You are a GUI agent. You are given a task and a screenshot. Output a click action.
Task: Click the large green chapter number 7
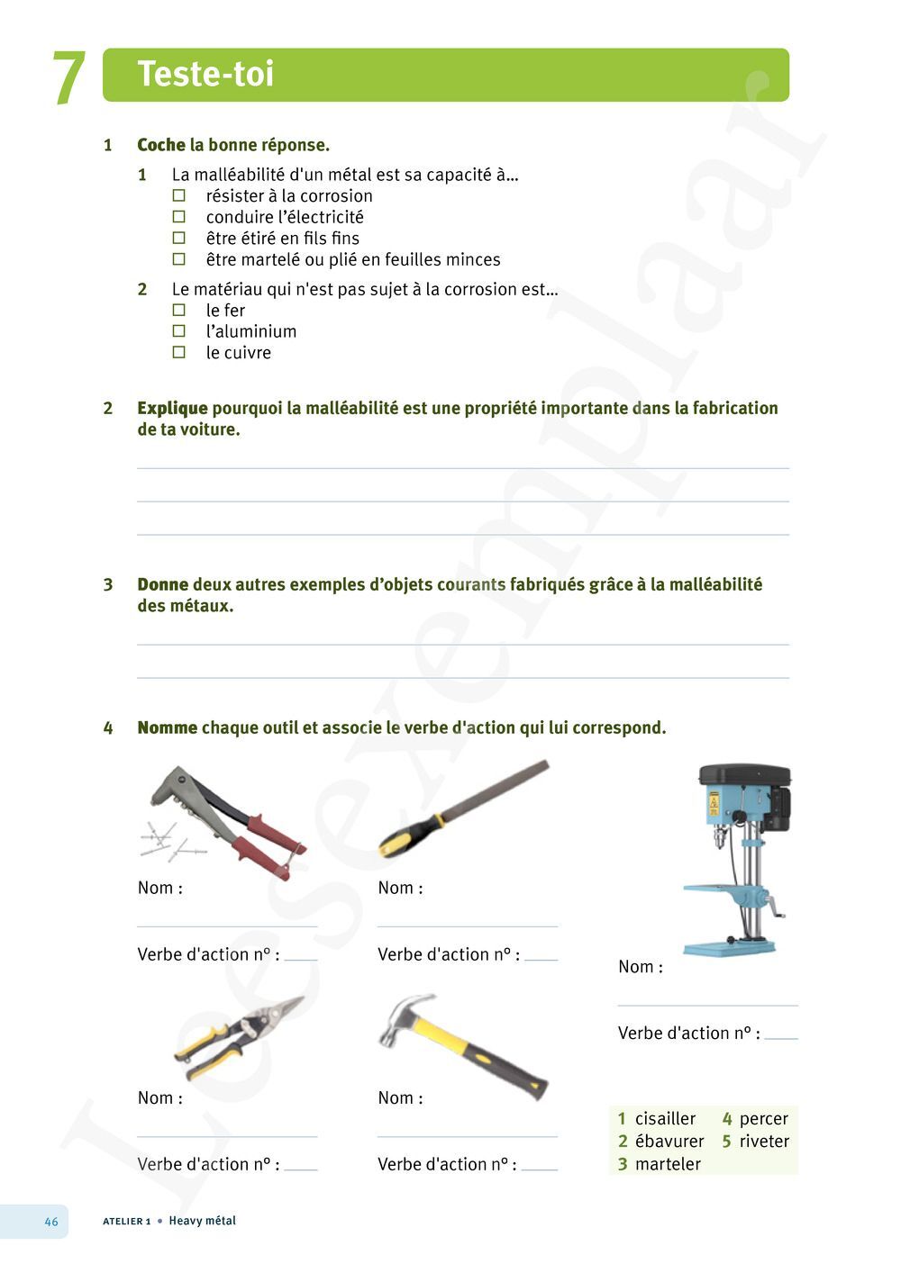tap(68, 78)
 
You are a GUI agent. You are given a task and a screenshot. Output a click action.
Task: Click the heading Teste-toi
tap(205, 74)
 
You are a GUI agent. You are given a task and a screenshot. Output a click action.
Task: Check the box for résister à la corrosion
tap(179, 195)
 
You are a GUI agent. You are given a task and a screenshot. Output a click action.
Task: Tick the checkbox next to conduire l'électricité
tap(179, 217)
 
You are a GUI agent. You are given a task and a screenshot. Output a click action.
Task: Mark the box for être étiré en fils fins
tap(179, 238)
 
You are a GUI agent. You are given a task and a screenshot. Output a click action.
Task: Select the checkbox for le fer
tap(179, 310)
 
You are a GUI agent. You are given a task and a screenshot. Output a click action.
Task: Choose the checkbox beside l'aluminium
tap(179, 331)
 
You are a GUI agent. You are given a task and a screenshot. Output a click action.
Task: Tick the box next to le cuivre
tap(179, 352)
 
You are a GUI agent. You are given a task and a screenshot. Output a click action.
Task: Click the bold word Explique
tap(172, 408)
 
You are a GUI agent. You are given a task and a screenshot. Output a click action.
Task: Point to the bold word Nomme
tap(167, 727)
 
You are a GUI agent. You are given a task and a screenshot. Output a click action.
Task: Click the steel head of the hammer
tap(405, 1017)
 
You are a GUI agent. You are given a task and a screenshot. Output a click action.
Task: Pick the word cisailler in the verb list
tap(665, 1118)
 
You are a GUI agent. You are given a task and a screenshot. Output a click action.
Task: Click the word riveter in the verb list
tap(764, 1141)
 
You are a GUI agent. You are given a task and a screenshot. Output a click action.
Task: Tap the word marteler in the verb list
tap(668, 1163)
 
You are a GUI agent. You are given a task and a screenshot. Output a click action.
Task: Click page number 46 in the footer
tap(51, 1222)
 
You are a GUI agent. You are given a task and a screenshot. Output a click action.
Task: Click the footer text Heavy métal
tap(202, 1221)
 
